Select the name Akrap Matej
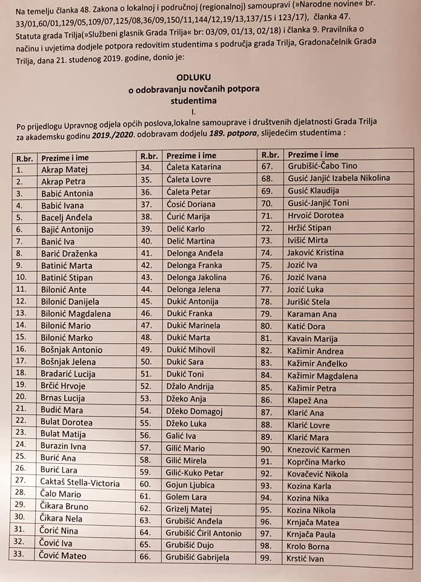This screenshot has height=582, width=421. [x=64, y=169]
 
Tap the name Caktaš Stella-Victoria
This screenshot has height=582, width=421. [x=81, y=483]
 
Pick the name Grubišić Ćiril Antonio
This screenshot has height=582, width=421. [x=203, y=533]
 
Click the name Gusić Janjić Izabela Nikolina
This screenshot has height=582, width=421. [x=339, y=178]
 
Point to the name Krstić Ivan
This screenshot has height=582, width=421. [x=306, y=559]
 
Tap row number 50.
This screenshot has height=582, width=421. [x=145, y=361]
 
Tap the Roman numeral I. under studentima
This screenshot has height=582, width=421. [x=193, y=112]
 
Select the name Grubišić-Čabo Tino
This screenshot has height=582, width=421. [x=322, y=166]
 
